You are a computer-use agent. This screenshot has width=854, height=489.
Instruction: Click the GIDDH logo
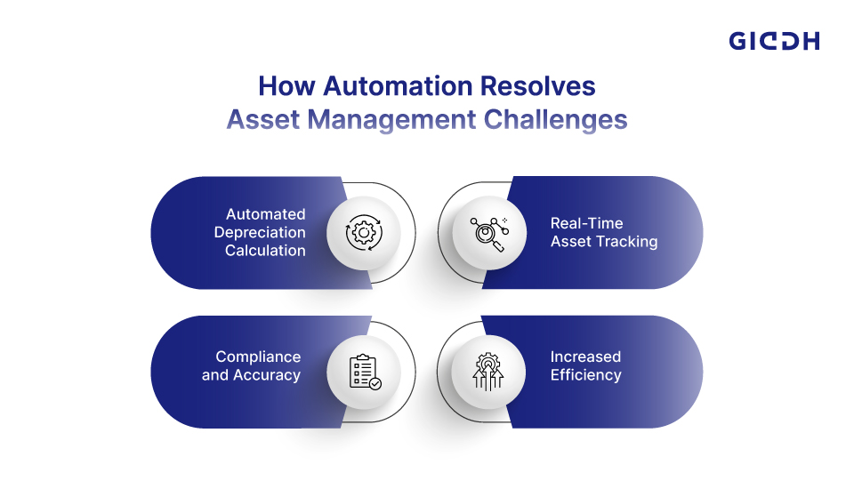click(x=774, y=41)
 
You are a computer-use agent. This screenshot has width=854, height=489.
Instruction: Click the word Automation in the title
click(x=398, y=86)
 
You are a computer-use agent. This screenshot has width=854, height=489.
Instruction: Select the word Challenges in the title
click(x=555, y=120)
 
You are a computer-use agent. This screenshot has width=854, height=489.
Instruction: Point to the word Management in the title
click(x=391, y=120)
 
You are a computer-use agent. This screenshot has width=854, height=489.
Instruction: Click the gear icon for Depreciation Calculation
click(x=364, y=233)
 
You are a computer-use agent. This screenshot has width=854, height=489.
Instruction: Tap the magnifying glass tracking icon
click(x=489, y=234)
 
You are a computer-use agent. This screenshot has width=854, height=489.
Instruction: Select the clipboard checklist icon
click(x=365, y=372)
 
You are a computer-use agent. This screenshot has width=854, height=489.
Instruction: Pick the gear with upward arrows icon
click(x=488, y=372)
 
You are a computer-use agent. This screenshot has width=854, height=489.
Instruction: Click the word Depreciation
click(x=260, y=233)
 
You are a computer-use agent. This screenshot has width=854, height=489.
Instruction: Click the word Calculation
click(x=265, y=251)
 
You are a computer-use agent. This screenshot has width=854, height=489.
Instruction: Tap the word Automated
click(x=266, y=214)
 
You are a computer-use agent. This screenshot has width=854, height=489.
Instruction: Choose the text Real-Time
click(x=586, y=223)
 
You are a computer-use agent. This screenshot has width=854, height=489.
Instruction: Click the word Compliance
click(x=258, y=357)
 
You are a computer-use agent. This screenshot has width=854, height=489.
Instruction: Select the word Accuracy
click(x=267, y=375)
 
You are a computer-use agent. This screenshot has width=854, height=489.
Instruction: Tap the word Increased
click(x=585, y=357)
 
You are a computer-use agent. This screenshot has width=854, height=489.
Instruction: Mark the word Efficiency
click(x=585, y=375)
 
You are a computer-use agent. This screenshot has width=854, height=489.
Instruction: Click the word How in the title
click(x=286, y=86)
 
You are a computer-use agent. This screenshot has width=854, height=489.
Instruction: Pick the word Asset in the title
click(x=263, y=120)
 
